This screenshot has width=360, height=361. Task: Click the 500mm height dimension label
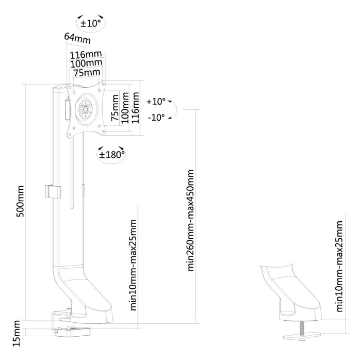click(20, 201)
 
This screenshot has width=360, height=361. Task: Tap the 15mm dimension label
click(17, 333)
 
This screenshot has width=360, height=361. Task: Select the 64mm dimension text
click(77, 38)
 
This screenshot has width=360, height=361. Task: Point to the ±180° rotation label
click(112, 155)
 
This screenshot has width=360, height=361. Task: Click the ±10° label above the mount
click(91, 23)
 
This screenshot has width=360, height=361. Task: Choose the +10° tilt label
click(156, 101)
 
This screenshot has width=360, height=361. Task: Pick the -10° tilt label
click(156, 118)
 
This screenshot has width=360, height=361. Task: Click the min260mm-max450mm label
click(191, 220)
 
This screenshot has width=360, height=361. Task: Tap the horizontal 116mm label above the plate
click(86, 55)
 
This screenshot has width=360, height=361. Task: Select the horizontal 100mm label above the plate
click(86, 63)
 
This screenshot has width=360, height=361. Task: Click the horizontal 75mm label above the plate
click(87, 73)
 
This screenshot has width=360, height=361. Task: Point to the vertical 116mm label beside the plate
click(135, 107)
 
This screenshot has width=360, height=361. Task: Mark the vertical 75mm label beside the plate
click(115, 108)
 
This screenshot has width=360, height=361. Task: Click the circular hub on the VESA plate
click(86, 109)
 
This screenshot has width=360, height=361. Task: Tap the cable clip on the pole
click(53, 191)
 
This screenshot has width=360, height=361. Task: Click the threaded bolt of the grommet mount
click(302, 329)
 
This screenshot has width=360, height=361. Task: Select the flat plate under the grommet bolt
click(302, 336)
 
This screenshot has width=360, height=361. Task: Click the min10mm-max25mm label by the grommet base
click(340, 267)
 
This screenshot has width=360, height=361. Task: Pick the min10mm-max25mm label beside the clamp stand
click(134, 265)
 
